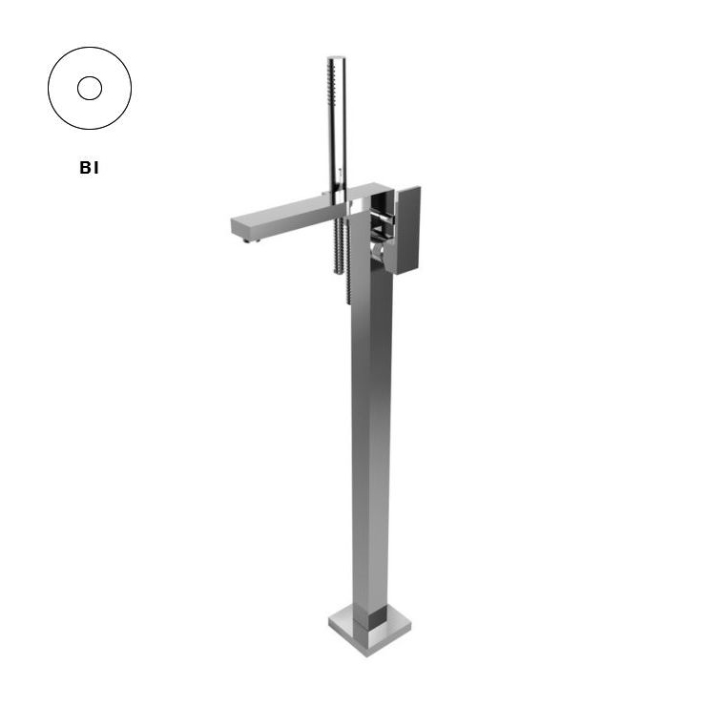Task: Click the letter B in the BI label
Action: [x=85, y=168]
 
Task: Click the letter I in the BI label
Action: [x=95, y=168]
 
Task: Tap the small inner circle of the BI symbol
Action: [x=90, y=88]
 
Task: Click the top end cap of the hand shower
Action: [x=337, y=57]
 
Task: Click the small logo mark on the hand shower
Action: [x=341, y=171]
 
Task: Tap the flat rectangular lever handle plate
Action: [x=407, y=230]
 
